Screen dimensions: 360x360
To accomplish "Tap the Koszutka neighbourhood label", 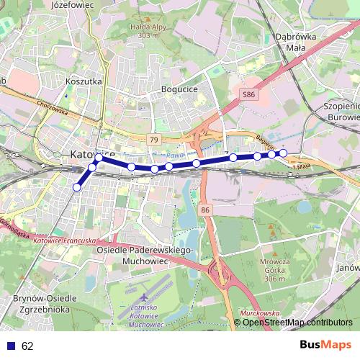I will [84, 82].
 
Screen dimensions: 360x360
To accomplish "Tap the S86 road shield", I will [248, 94].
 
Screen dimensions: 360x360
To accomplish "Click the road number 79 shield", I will [153, 138].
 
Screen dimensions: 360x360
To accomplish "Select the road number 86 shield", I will [207, 210].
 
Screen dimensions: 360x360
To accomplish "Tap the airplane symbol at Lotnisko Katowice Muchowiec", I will [145, 297].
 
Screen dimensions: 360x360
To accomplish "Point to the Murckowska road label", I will [258, 313].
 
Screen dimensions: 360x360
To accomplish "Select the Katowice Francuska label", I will [64, 240].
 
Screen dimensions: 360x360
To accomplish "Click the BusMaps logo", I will [325, 345].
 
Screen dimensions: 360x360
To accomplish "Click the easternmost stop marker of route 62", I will [283, 153].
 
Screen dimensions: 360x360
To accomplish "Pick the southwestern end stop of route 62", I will [77, 187].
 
